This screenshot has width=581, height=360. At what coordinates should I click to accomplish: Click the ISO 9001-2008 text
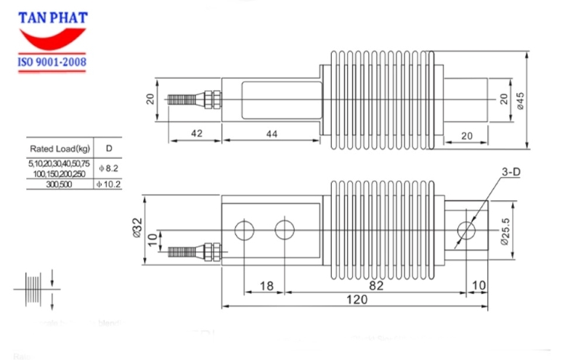click(52, 63)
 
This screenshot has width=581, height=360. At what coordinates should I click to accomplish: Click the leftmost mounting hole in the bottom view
click(244, 230)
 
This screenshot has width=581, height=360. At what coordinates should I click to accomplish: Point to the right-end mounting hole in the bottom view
click(466, 230)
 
